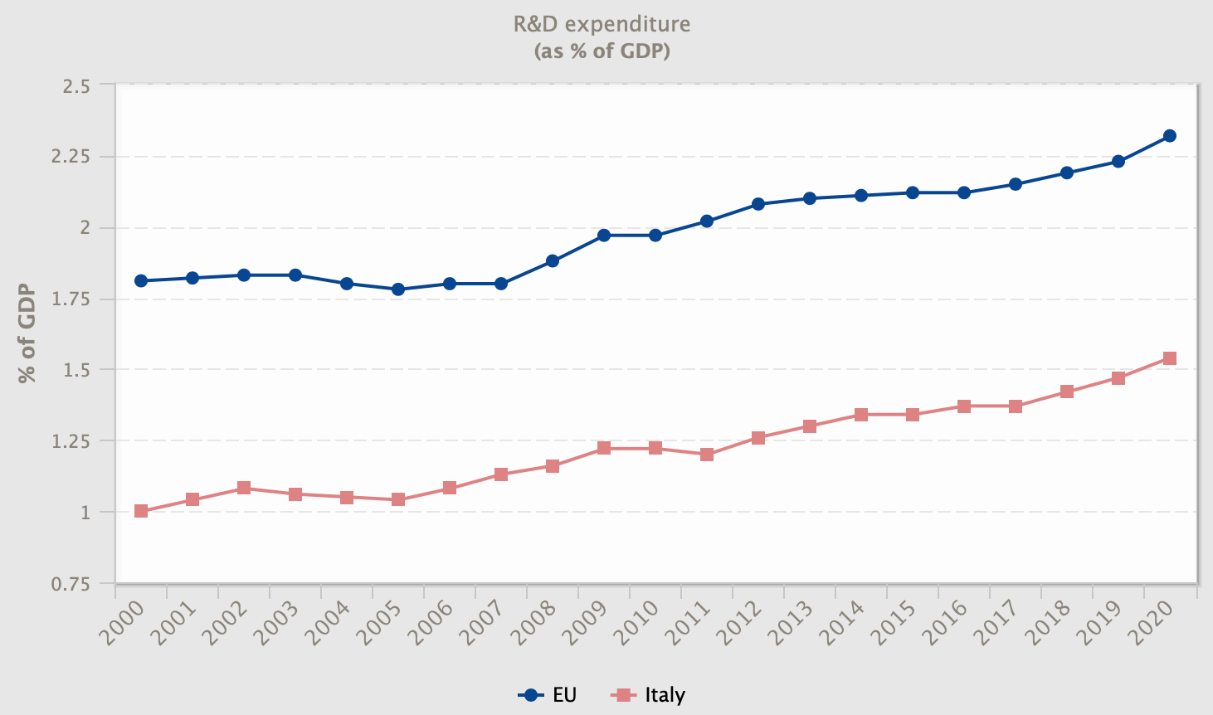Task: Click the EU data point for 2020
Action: click(1170, 136)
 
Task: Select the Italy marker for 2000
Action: click(141, 511)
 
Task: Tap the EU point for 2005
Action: click(398, 289)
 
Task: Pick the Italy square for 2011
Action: click(707, 455)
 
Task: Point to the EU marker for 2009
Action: click(604, 236)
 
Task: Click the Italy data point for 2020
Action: click(1170, 358)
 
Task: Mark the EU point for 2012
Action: click(758, 204)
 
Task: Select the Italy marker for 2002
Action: click(244, 488)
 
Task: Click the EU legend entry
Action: click(548, 695)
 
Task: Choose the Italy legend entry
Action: click(649, 695)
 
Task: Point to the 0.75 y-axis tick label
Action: click(71, 584)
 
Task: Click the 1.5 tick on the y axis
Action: click(76, 370)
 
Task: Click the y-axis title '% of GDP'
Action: click(27, 333)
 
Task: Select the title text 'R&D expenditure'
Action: click(602, 24)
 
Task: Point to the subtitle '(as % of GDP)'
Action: click(602, 51)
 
